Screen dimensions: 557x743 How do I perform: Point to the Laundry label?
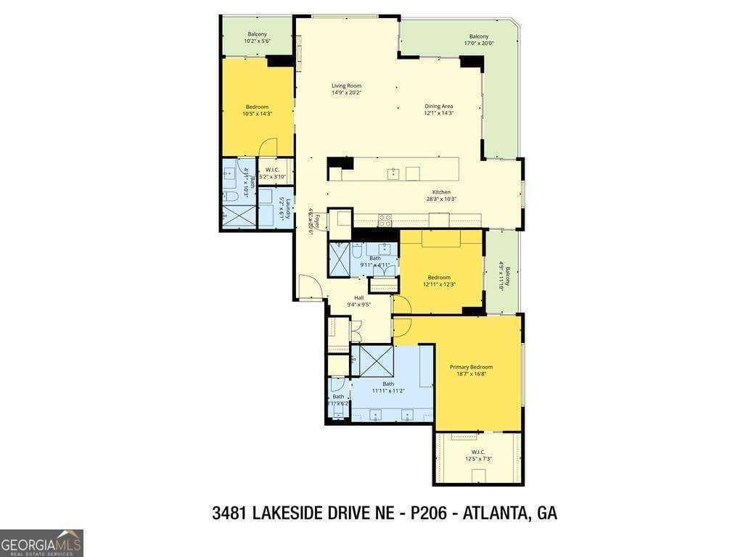(x=288, y=209)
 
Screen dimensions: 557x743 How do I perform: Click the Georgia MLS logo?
(x=41, y=542)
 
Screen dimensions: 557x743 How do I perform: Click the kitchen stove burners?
(x=385, y=220)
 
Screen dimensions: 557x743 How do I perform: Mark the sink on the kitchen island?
(x=393, y=173)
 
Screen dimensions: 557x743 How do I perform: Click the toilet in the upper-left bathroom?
(x=230, y=197)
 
